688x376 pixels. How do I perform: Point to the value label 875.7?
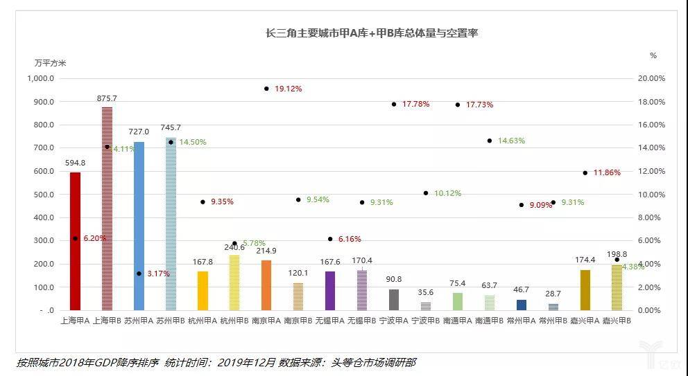coord(107,98)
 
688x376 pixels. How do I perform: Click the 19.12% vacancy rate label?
coord(288,89)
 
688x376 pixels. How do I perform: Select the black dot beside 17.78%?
coord(394,104)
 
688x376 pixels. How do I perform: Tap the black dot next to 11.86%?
coord(585,172)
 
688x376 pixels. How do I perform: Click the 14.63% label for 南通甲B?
coord(511,141)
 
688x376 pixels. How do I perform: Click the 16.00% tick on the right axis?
coord(651,125)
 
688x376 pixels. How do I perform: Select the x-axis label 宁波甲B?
coord(426,321)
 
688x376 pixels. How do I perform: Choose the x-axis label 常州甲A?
coord(522,321)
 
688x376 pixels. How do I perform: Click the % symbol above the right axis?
coord(653,55)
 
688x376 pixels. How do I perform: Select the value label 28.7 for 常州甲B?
coord(553,295)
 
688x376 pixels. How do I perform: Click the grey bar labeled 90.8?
coord(394,300)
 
